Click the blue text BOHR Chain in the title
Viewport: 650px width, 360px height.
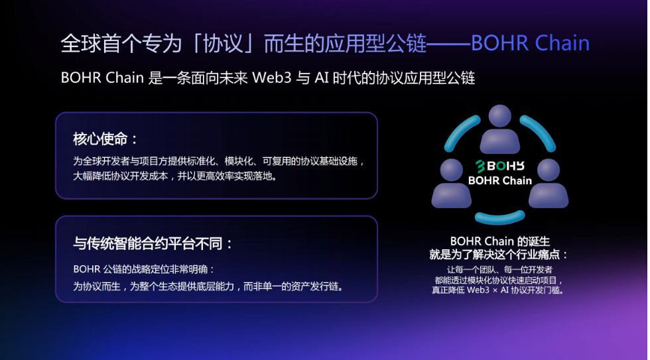[x=530, y=43]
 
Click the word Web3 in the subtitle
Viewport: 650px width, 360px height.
[x=272, y=78]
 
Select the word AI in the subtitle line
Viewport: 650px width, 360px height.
[x=321, y=78]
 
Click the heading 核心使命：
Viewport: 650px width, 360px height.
[x=105, y=139]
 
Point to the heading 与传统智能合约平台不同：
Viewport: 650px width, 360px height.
[x=153, y=243]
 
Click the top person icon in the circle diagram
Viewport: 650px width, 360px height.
[x=500, y=129]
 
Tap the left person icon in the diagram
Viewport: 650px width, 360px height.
[x=452, y=183]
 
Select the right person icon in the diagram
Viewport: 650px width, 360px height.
[x=549, y=183]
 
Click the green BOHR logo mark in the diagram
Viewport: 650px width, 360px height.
[x=480, y=166]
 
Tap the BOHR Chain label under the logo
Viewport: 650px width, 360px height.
[x=500, y=180]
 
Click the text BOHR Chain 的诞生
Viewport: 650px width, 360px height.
[x=500, y=241]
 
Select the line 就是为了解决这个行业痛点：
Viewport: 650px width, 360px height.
[x=499, y=255]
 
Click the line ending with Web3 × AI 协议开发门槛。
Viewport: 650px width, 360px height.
[x=498, y=290]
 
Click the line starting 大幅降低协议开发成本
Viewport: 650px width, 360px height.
[x=176, y=176]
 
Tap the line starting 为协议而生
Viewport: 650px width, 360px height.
[x=209, y=286]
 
